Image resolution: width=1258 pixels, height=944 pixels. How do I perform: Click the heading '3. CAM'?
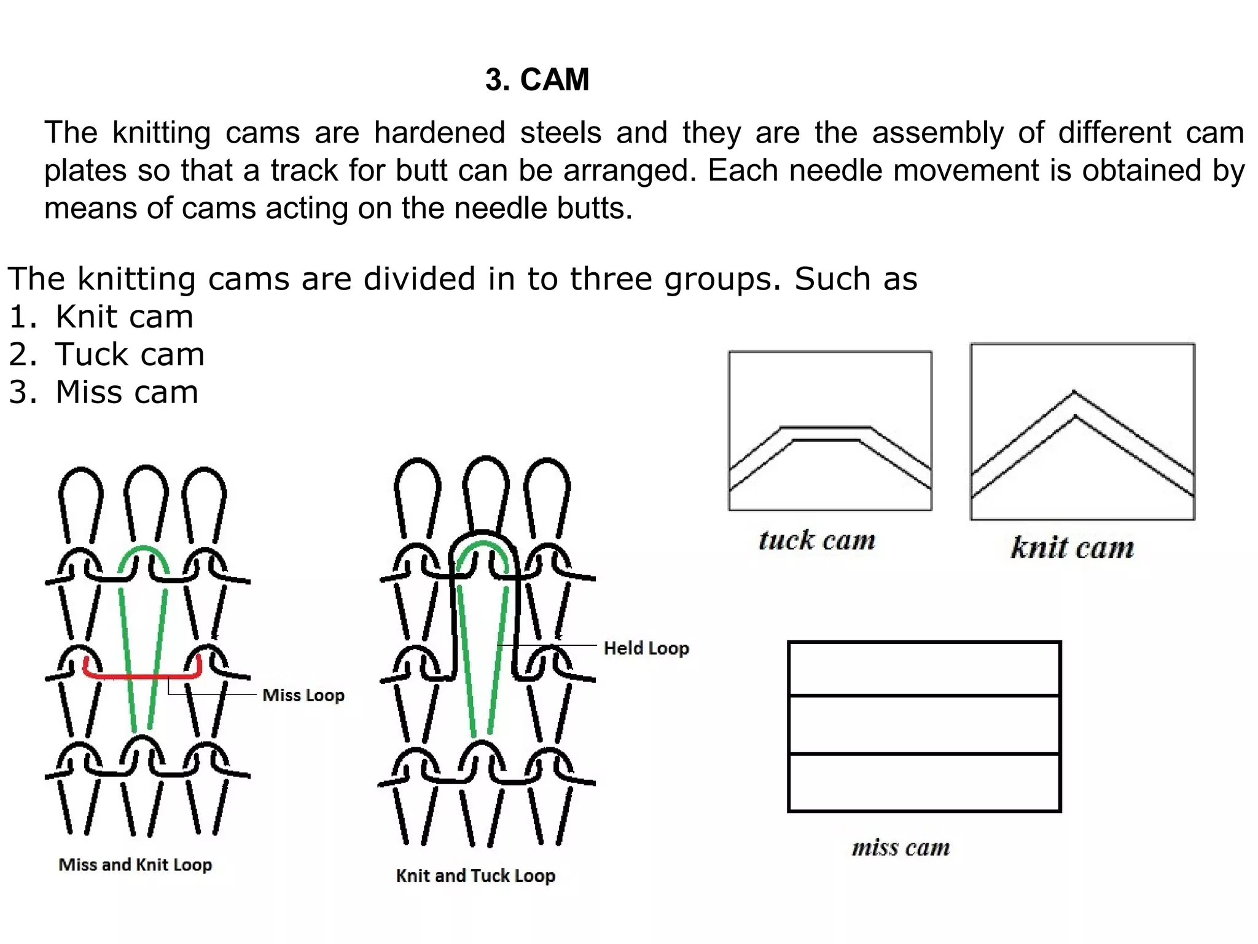537,80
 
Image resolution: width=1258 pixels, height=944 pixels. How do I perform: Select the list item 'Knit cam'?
124,317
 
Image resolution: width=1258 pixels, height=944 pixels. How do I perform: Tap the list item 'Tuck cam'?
130,355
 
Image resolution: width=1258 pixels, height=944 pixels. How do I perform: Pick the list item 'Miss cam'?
127,392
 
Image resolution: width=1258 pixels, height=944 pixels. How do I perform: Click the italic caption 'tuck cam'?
817,541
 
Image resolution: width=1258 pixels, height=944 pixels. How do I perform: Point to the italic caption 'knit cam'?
1072,548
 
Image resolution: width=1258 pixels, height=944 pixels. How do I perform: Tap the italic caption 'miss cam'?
901,848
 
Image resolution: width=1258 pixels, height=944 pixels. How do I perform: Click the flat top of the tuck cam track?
826,433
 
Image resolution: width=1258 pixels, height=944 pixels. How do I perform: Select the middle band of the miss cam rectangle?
924,725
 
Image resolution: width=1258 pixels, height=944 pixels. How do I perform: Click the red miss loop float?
141,677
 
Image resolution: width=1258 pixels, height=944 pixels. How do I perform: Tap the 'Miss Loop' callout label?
303,695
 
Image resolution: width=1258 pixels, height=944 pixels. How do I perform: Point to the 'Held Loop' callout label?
646,648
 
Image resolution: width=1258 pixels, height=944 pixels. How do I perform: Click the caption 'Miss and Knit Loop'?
135,865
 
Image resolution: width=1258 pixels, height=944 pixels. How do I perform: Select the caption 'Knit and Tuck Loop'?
475,876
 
